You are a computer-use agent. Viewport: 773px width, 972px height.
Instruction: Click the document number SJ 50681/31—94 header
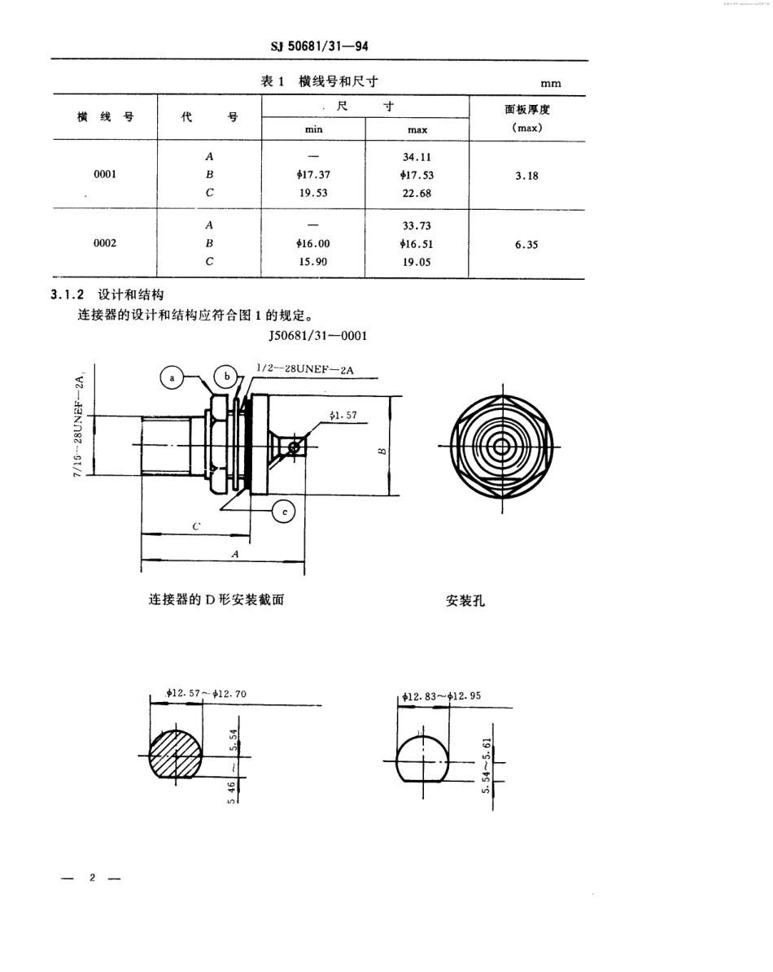319,48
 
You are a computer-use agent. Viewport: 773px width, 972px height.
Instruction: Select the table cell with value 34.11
417,157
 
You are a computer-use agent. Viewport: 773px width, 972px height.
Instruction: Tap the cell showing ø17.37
313,175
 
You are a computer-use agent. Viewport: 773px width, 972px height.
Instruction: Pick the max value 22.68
417,194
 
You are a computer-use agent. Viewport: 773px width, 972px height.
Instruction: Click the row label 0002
105,243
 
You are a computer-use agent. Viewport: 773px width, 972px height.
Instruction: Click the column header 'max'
417,129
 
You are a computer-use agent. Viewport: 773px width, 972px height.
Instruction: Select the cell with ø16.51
417,243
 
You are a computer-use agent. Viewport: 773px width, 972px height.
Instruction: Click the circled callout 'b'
227,377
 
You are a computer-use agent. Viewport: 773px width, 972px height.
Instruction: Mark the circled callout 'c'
283,511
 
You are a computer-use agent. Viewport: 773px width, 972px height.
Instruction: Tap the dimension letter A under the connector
236,553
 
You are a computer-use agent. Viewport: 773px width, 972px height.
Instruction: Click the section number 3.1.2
69,295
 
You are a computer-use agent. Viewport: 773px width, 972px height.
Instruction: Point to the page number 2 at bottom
92,878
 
